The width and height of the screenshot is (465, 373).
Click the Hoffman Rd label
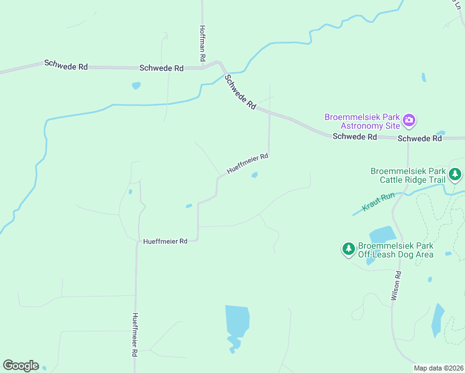pyautogui.click(x=203, y=42)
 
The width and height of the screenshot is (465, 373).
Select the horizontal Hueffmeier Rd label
pyautogui.click(x=165, y=241)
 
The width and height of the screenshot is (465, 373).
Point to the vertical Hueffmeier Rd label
pyautogui.click(x=134, y=334)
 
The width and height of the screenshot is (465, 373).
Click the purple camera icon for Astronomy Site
pyautogui.click(x=409, y=119)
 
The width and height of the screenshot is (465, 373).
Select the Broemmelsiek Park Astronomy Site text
pyautogui.click(x=362, y=121)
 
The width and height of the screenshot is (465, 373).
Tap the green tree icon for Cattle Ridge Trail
pyautogui.click(x=456, y=175)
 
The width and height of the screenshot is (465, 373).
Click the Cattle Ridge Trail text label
pyautogui.click(x=408, y=175)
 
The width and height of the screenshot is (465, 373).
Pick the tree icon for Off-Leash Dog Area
pyautogui.click(x=349, y=249)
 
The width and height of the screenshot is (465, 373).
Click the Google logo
pyautogui.click(x=21, y=366)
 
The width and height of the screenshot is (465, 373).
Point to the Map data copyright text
pyautogui.click(x=438, y=367)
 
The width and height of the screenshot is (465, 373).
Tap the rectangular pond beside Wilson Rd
pyautogui.click(x=382, y=235)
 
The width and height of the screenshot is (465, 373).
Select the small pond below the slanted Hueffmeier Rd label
pyautogui.click(x=254, y=175)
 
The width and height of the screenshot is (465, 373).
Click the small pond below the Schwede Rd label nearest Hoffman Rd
pyautogui.click(x=136, y=86)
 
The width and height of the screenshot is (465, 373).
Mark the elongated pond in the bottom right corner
pyautogui.click(x=438, y=320)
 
